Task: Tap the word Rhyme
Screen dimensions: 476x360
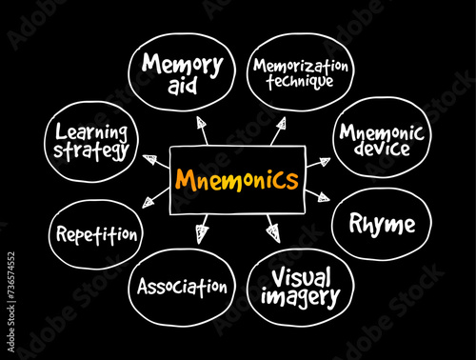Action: (x=382, y=225)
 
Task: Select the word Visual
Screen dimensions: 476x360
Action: (x=302, y=278)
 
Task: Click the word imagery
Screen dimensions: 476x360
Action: (x=302, y=297)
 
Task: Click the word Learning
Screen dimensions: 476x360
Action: (x=91, y=131)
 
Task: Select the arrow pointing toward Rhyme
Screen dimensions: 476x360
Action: (x=320, y=197)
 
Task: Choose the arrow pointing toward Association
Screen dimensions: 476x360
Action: (x=202, y=230)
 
